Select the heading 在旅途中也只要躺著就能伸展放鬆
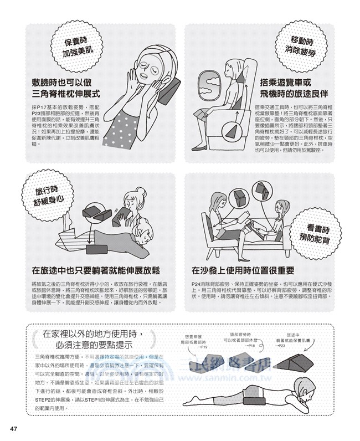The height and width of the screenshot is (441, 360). pos(95,271)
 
